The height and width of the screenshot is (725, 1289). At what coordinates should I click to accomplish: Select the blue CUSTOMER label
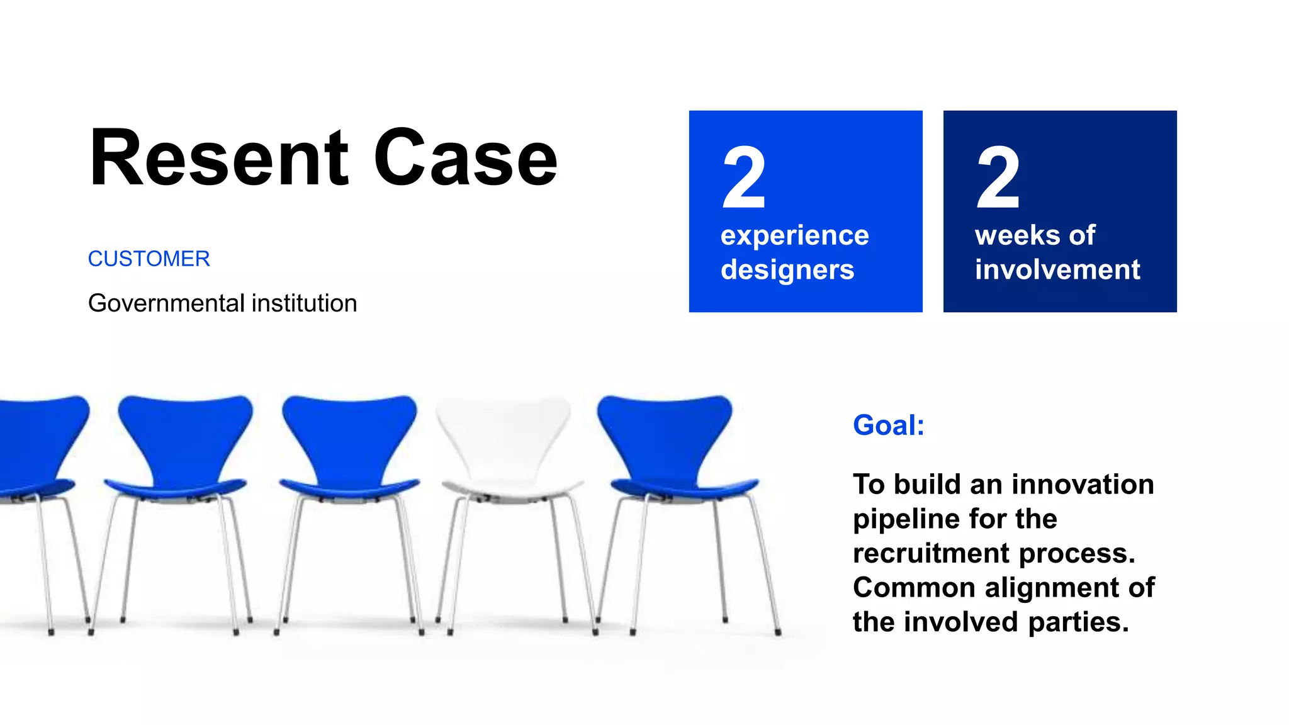click(149, 259)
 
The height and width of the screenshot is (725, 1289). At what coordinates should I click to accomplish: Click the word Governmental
click(166, 303)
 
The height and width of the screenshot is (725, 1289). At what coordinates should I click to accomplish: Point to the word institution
click(304, 303)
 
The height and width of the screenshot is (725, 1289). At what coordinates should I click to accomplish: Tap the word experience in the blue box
click(794, 235)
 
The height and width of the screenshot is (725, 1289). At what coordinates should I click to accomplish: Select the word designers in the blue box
click(787, 270)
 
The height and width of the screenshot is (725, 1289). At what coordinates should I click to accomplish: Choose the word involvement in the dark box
click(1057, 270)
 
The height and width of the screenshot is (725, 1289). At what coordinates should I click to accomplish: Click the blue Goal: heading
click(889, 425)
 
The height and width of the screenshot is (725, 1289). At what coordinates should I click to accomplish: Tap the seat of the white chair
click(511, 488)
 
